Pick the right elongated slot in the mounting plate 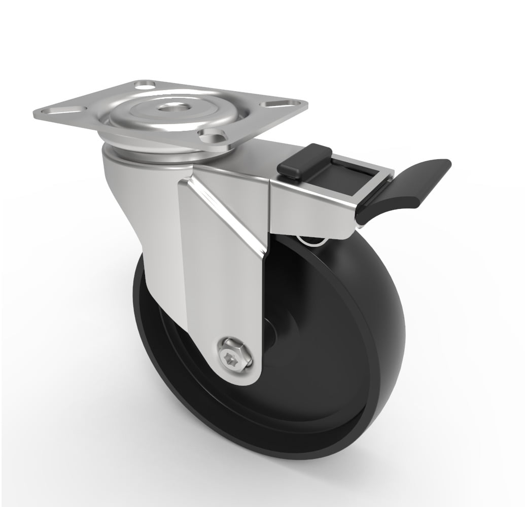click(277, 105)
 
